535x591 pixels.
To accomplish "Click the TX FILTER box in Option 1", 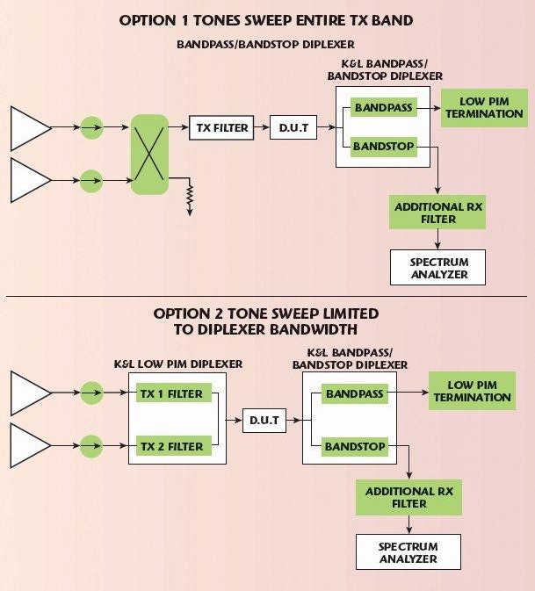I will [220, 128].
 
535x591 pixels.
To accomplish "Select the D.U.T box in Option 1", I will [293, 128].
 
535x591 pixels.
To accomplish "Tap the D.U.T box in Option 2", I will [264, 421].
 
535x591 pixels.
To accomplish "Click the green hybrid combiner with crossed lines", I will [149, 155].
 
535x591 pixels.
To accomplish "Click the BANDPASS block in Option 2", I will [354, 394].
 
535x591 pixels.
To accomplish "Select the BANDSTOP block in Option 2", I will [354, 447].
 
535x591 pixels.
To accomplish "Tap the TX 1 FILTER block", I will [171, 394].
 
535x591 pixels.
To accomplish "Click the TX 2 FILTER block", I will [171, 447].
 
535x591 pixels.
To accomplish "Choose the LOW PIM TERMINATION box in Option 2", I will [472, 392].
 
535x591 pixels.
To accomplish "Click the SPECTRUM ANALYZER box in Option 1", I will [438, 268].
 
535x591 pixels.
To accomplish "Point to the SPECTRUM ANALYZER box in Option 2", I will [408, 552].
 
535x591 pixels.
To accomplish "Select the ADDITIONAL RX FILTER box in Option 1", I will [437, 213].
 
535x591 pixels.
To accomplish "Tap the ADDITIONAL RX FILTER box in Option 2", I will [408, 497].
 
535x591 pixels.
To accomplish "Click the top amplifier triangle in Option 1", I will [29, 128].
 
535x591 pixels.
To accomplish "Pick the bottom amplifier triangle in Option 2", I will [29, 447].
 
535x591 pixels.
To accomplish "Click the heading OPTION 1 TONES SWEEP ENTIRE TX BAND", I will [267, 19].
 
